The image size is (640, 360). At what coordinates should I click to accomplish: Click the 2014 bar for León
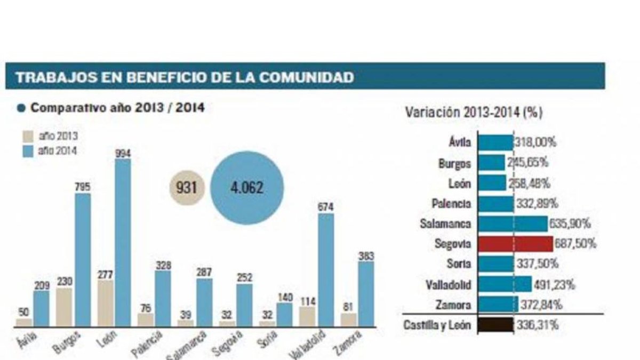tap(123, 243)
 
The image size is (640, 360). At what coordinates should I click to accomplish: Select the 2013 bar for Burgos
tap(64, 307)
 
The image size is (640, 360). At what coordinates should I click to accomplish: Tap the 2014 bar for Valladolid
tap(326, 270)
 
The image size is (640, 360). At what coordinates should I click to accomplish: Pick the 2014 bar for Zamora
tap(366, 294)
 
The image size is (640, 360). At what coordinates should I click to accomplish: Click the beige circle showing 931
tap(187, 188)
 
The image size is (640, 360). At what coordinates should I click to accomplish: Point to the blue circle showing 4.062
tap(247, 188)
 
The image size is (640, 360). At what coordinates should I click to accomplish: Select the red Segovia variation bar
tap(516, 244)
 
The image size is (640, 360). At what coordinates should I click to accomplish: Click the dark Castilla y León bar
tap(495, 325)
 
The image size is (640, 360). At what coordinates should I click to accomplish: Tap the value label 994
tap(123, 154)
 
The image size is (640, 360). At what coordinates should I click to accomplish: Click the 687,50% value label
tap(575, 244)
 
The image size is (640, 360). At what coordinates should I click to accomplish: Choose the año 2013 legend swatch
tap(28, 137)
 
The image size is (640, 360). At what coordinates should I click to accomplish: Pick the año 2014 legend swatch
tap(28, 151)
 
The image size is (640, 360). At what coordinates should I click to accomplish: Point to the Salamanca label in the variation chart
tap(445, 223)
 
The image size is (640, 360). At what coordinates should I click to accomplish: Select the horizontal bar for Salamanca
tap(513, 223)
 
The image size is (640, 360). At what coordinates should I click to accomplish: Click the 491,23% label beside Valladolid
tap(554, 285)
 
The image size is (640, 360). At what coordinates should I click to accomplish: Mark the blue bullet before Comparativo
tap(21, 108)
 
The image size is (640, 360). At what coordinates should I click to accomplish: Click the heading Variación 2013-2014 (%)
tap(474, 113)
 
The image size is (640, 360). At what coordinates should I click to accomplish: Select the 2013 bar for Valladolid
tap(307, 317)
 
